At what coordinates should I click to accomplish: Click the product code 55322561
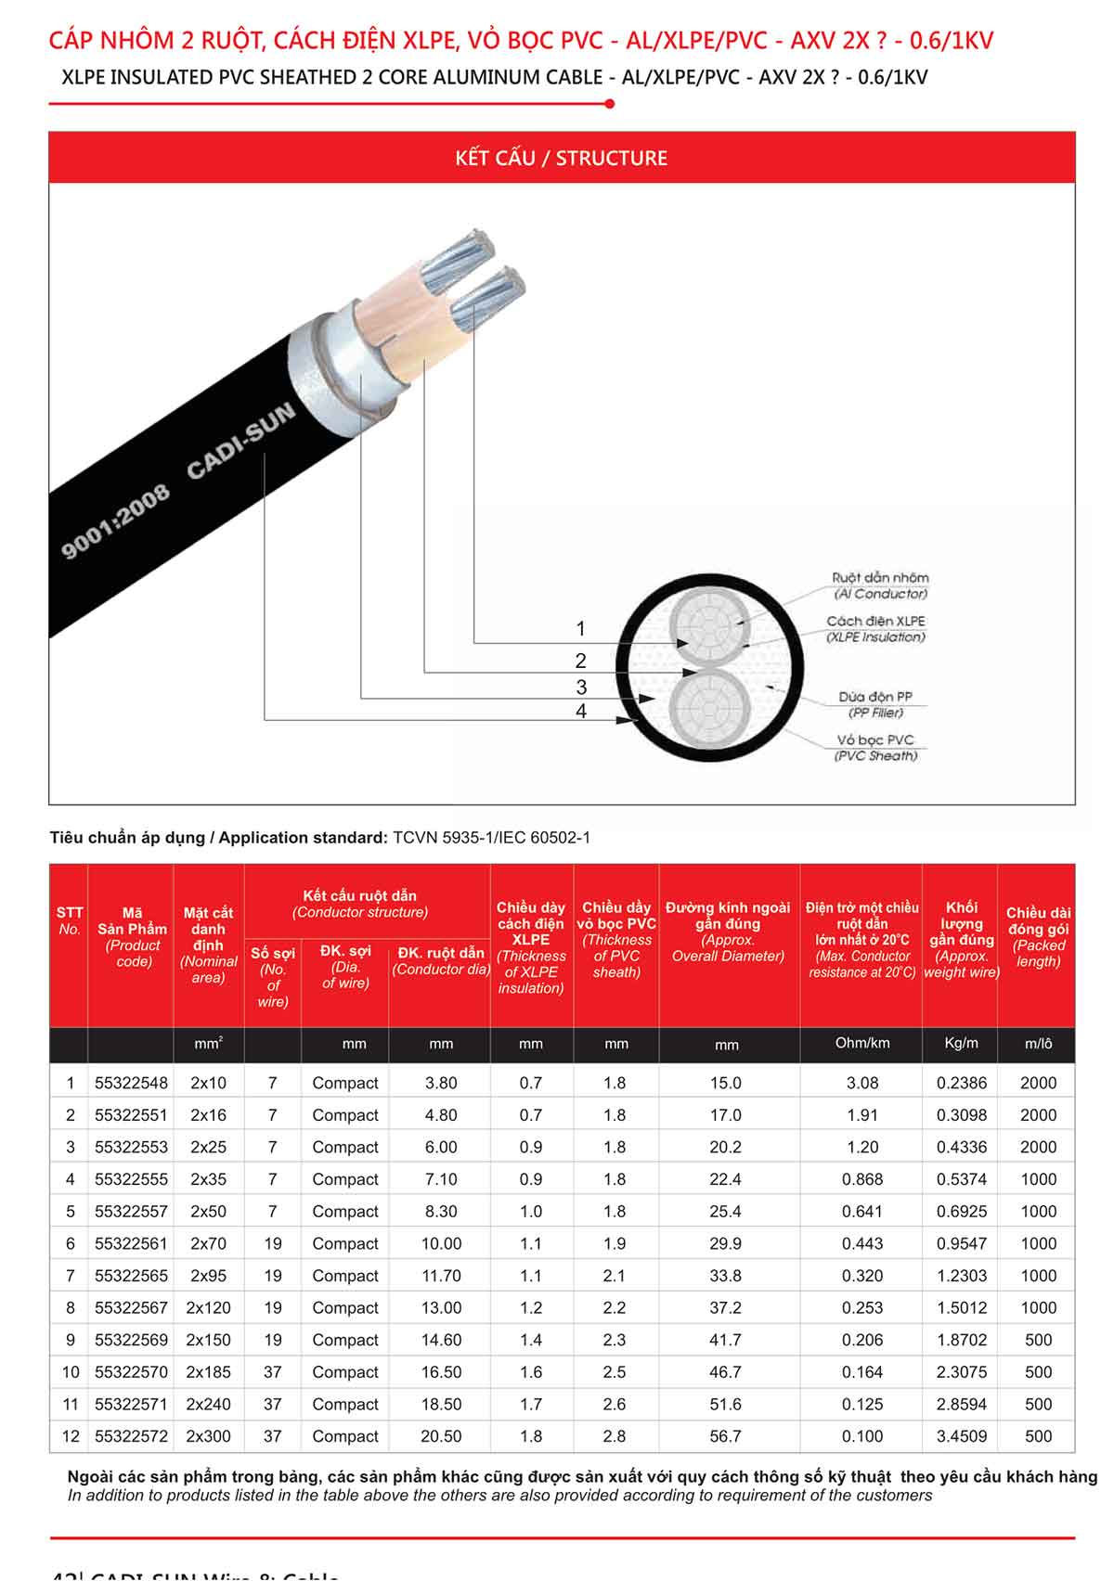point(131,1243)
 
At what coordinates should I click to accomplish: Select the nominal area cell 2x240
point(208,1404)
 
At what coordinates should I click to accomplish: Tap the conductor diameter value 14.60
point(441,1340)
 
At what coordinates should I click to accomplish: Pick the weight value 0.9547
point(961,1243)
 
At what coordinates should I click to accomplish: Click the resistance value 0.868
point(861,1179)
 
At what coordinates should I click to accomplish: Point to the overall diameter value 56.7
point(725,1436)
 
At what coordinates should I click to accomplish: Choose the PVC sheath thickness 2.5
point(615,1372)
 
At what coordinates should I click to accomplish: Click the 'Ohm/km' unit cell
point(861,1043)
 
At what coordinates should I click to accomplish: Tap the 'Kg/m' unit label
point(961,1043)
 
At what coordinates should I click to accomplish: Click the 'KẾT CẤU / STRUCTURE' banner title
point(561,158)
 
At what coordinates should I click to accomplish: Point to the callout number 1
point(581,629)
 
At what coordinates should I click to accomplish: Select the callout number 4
point(581,712)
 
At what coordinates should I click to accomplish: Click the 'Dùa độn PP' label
point(875,697)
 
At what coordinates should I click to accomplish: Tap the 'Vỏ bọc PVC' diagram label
point(875,740)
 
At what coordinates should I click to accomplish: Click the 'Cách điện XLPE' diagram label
point(875,622)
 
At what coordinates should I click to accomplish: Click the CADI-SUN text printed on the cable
point(240,442)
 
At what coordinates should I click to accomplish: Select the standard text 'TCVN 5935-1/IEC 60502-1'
point(491,838)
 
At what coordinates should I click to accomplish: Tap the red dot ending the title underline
point(609,104)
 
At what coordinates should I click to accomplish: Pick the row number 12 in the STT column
point(71,1436)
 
